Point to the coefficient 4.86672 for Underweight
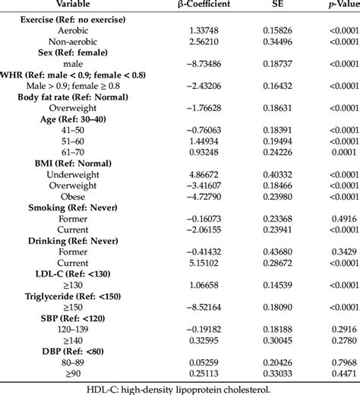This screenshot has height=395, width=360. click(x=187, y=174)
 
